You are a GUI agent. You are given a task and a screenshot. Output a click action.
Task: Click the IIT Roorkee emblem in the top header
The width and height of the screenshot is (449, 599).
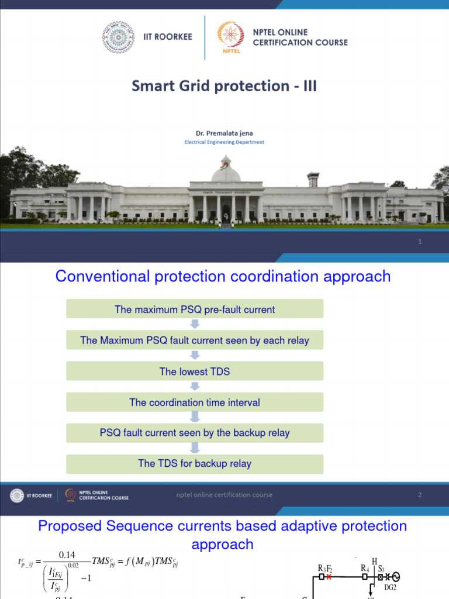(118, 37)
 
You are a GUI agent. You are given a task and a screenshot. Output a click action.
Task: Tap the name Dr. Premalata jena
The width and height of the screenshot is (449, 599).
(224, 133)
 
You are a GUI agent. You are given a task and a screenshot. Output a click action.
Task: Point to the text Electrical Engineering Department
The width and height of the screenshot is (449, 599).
(224, 142)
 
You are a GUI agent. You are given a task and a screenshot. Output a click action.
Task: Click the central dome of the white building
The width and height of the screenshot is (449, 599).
(226, 173)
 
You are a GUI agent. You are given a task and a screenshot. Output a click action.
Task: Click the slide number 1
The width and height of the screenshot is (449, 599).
(420, 242)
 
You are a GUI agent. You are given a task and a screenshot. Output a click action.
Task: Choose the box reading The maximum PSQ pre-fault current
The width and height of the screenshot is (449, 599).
(195, 309)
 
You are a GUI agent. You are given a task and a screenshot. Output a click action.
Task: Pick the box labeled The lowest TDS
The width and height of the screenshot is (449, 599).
(195, 371)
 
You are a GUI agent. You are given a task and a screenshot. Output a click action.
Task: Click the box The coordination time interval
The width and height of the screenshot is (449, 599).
(195, 402)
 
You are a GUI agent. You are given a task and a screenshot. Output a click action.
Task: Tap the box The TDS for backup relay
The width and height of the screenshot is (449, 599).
(195, 464)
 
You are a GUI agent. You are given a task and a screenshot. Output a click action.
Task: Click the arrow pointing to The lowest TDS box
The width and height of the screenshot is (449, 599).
(195, 355)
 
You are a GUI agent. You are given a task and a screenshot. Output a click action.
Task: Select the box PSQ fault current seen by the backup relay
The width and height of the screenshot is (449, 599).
(195, 433)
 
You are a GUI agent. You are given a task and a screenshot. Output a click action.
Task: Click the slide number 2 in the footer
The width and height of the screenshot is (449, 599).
(420, 495)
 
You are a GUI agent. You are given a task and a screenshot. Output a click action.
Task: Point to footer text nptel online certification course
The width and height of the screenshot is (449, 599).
(224, 495)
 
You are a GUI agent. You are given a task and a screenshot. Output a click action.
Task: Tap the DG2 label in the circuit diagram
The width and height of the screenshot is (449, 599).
(390, 587)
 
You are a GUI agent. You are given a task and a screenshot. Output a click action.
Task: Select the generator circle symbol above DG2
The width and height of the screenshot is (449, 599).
(395, 577)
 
